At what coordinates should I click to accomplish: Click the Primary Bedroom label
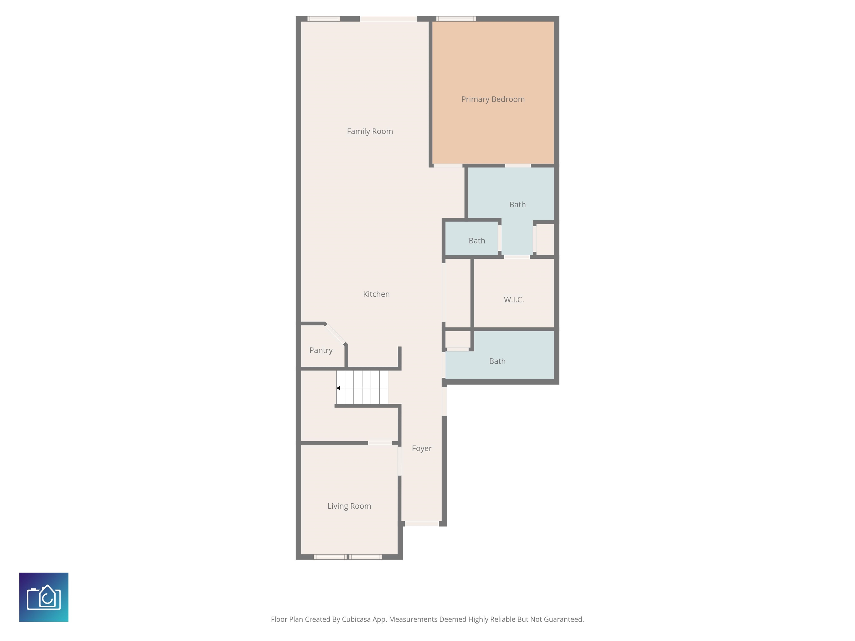[x=493, y=99]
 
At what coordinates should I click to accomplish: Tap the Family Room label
[x=370, y=131]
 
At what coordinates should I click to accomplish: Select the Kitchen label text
[x=376, y=294]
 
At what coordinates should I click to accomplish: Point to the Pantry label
[x=321, y=351]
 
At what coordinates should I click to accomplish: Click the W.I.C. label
[x=514, y=299]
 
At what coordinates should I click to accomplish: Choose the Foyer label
[x=422, y=448]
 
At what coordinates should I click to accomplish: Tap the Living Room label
[x=349, y=506]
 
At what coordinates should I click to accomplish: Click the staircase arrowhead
[x=338, y=388]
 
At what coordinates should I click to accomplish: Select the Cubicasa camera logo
[x=44, y=597]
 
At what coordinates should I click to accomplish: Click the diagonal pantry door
[x=335, y=333]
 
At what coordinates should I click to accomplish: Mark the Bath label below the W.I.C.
[x=497, y=361]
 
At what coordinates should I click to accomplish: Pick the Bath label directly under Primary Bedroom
[x=517, y=205]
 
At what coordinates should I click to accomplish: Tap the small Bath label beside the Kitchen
[x=476, y=241]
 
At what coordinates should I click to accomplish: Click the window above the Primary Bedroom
[x=456, y=19]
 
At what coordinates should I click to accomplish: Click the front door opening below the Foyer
[x=422, y=524]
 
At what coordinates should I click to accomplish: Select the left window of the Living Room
[x=330, y=557]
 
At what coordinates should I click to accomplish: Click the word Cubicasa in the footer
[x=356, y=619]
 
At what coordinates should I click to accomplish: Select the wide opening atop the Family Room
[x=389, y=19]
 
